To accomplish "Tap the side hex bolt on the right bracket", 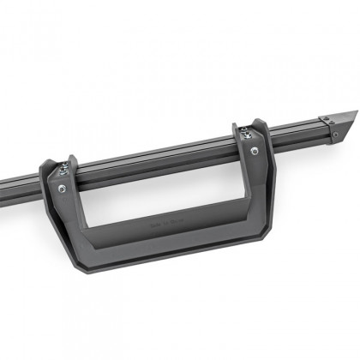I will click(x=255, y=152).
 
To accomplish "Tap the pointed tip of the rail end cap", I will click(x=353, y=112).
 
